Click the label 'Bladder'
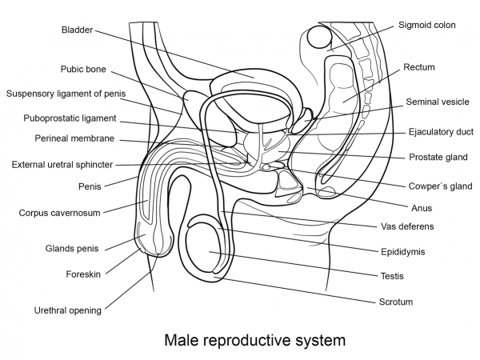[x=77, y=30]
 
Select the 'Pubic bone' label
[x=83, y=70]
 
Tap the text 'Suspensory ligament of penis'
[x=66, y=94]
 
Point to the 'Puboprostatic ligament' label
[x=70, y=118]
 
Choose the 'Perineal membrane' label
[x=74, y=138]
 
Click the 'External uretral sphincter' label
[x=62, y=165]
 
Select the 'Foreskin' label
[x=82, y=274]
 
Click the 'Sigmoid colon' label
[x=427, y=26]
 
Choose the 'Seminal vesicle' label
[x=436, y=102]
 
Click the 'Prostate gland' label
[x=439, y=157]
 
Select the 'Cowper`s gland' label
[x=440, y=186]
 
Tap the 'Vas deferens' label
[x=407, y=226]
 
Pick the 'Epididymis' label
[x=402, y=251]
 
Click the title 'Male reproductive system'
[x=254, y=340]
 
